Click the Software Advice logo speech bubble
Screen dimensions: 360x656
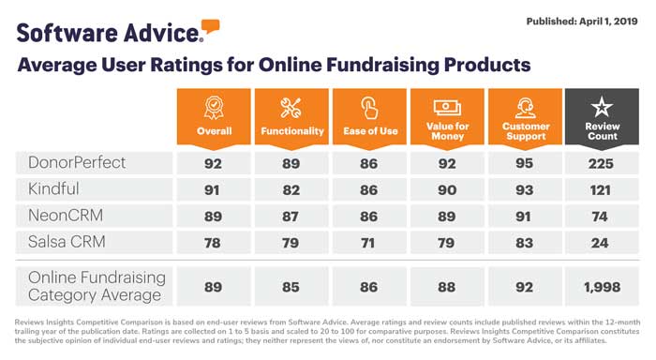coord(211,25)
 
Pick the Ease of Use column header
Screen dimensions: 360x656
coord(370,130)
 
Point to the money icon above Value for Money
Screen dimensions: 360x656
coord(447,107)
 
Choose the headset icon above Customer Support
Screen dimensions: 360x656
coord(526,107)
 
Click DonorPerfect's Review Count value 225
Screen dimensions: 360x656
coord(601,163)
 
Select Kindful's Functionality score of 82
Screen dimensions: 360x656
coord(291,188)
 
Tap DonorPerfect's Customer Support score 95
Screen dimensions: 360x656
coord(525,163)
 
